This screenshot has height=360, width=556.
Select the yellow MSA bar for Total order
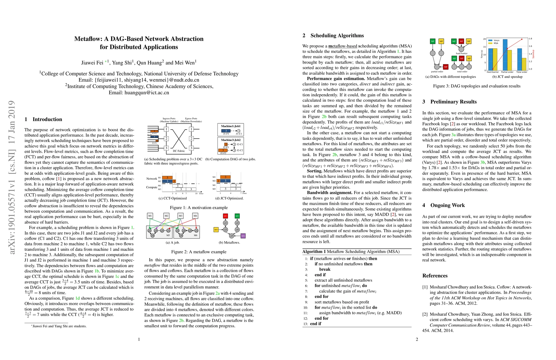coord(524,64)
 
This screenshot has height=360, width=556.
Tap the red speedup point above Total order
coord(522,39)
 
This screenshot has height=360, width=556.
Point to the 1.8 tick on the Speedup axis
coord(530,39)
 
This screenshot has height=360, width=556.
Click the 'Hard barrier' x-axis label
coord(492,72)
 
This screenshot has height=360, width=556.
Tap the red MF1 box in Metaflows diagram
coord(226,216)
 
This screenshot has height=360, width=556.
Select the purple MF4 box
coord(243,236)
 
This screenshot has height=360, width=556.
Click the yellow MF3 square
coord(216,230)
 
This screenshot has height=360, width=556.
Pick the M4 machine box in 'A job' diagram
coord(195,216)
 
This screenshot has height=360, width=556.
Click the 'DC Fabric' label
coord(179,151)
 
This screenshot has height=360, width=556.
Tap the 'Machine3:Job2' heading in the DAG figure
coord(231,140)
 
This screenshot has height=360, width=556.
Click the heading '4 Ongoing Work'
coord(444,205)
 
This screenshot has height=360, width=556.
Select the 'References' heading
coord(435,276)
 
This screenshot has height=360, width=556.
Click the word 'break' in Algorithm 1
coord(324,269)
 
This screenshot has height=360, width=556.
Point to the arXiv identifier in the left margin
coord(12,177)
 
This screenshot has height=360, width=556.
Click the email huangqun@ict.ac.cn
coord(139,93)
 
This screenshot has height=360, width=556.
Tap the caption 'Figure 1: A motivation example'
coord(199,208)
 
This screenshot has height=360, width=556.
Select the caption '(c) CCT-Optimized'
coord(172,198)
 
